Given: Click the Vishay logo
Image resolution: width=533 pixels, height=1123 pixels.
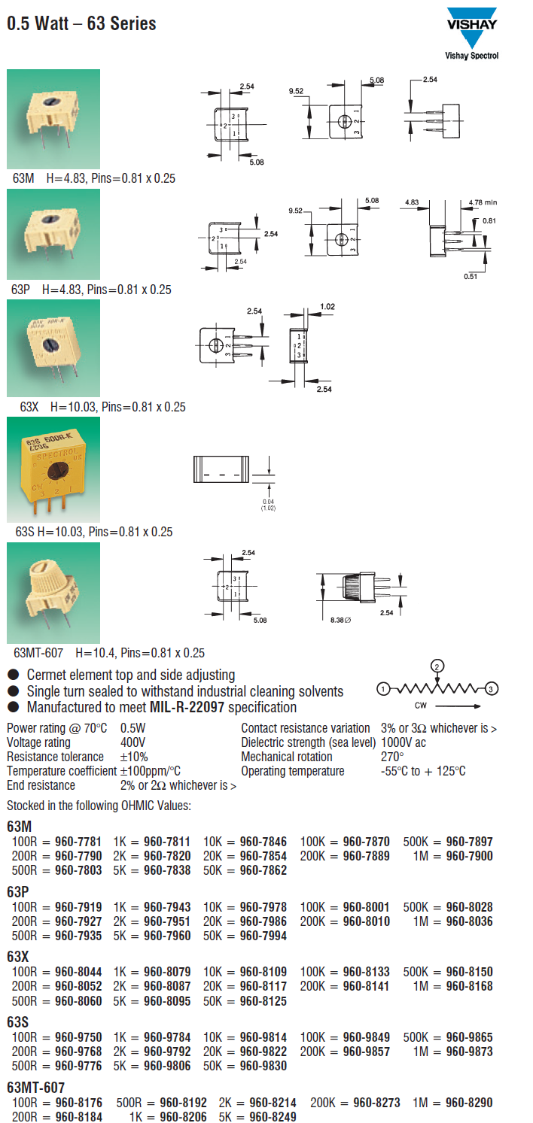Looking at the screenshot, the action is click(x=472, y=28).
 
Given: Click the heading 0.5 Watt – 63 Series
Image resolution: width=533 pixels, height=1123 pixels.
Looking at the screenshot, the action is click(x=81, y=23).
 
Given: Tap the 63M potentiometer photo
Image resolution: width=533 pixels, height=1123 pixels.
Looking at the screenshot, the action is click(x=53, y=119).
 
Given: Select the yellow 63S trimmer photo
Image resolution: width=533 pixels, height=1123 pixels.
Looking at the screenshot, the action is click(x=53, y=470).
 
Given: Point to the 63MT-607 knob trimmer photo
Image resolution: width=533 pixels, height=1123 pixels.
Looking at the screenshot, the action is click(x=53, y=593).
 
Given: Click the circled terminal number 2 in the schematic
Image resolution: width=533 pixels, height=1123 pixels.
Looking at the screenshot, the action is click(x=437, y=666).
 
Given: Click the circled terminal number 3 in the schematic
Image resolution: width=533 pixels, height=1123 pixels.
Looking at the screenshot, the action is click(x=492, y=689).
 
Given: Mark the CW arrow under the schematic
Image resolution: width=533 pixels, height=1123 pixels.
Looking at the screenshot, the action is click(x=458, y=706).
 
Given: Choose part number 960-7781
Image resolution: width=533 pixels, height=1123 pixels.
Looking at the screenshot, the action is click(x=78, y=842).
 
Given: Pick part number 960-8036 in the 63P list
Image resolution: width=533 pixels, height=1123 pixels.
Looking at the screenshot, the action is click(x=469, y=921).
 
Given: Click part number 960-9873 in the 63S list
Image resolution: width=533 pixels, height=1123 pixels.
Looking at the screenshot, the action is click(x=469, y=1052).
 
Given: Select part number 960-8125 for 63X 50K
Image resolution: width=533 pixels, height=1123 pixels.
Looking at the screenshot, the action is click(x=263, y=1001).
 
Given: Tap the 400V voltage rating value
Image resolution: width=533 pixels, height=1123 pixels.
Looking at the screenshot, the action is click(x=132, y=742).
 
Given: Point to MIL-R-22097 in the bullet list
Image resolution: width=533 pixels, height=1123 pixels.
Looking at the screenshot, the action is click(x=187, y=707).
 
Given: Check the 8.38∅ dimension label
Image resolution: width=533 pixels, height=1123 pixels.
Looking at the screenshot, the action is click(x=340, y=620).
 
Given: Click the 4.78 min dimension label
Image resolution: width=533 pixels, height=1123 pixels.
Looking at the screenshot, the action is click(x=483, y=202).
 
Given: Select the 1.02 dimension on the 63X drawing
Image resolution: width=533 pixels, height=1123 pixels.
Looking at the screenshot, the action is click(x=327, y=306).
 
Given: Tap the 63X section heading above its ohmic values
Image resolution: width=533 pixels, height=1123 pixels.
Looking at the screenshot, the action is click(x=17, y=957).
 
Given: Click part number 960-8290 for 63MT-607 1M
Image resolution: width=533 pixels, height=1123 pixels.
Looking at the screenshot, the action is click(x=469, y=1103).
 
